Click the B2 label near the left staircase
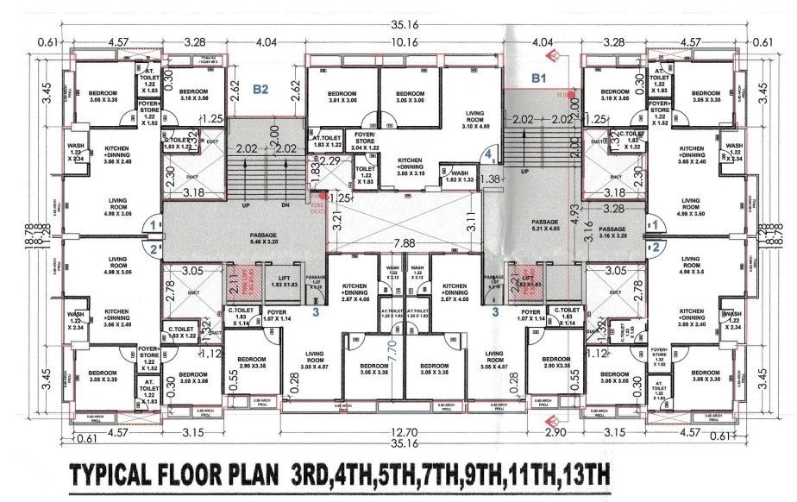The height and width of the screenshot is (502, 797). tap(260, 88)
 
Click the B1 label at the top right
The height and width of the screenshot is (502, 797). tap(539, 78)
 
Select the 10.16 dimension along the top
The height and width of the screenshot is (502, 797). tap(404, 41)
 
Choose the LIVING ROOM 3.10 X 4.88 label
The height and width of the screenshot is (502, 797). tap(471, 119)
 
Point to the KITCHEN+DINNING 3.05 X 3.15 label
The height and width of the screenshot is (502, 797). tap(410, 167)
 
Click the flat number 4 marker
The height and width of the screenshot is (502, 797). tap(488, 154)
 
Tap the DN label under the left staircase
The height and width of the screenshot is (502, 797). tap(286, 206)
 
